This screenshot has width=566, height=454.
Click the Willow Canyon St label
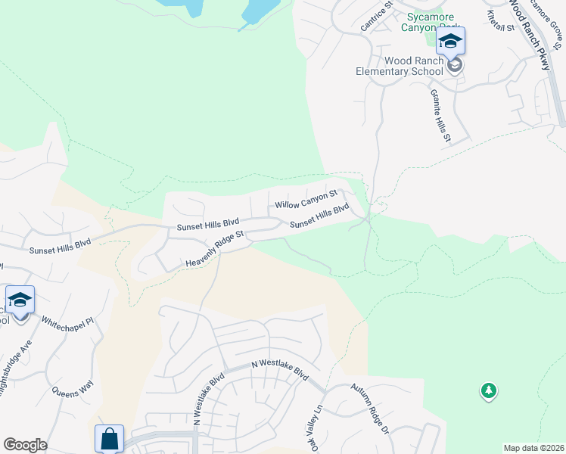(x=305, y=200)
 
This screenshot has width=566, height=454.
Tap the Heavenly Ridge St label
(x=216, y=249)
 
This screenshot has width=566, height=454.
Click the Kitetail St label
(x=501, y=20)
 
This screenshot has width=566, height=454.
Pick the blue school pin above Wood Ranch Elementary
(x=449, y=41)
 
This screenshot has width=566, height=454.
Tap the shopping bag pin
(x=109, y=437)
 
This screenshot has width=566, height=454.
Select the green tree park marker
(x=489, y=391)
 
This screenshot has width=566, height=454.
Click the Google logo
(x=25, y=445)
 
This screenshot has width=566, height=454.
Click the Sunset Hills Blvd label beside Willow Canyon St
(x=319, y=215)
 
